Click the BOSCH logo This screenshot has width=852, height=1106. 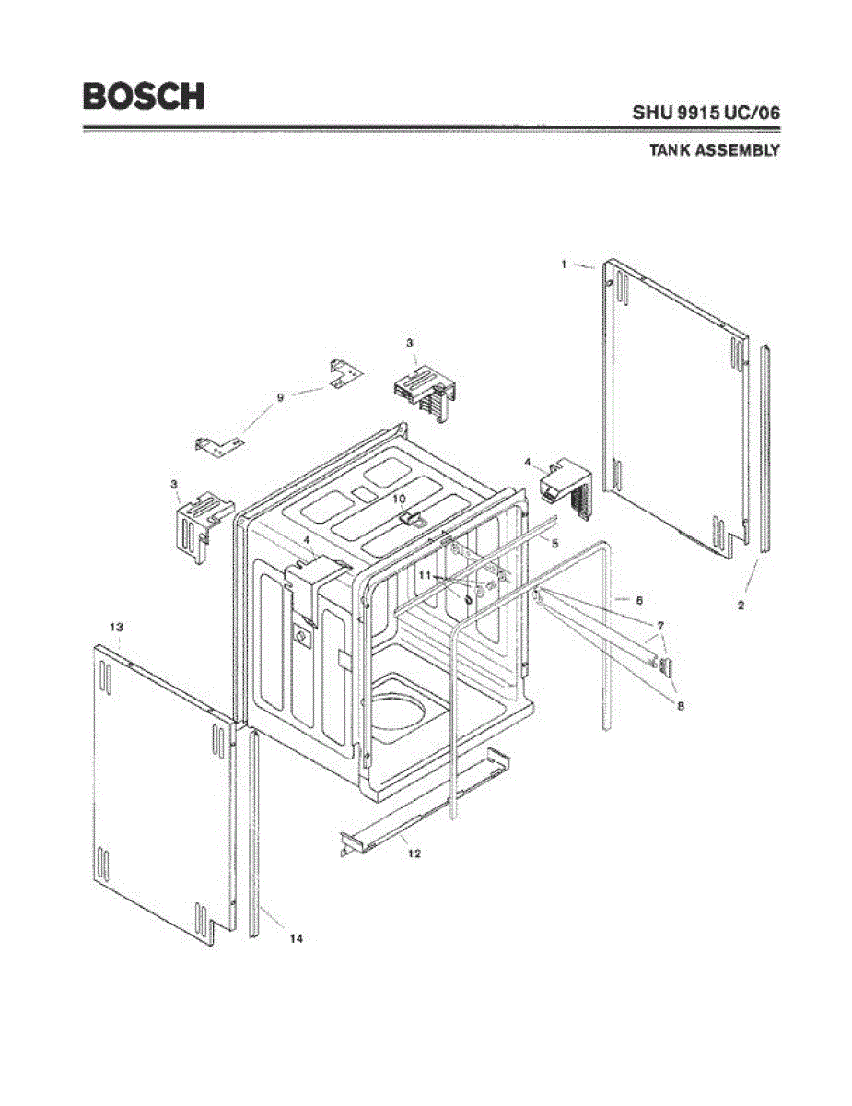[144, 96]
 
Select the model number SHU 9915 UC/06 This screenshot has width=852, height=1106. [706, 112]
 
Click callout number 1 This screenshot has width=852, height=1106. [564, 265]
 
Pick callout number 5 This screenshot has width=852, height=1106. [554, 544]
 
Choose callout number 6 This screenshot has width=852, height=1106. [638, 600]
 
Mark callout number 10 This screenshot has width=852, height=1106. [400, 499]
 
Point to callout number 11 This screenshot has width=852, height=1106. [425, 574]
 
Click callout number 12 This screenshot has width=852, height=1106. [414, 853]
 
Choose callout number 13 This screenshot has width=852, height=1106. [117, 627]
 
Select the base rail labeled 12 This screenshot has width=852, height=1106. [424, 806]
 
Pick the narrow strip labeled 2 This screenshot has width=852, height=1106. [765, 452]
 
